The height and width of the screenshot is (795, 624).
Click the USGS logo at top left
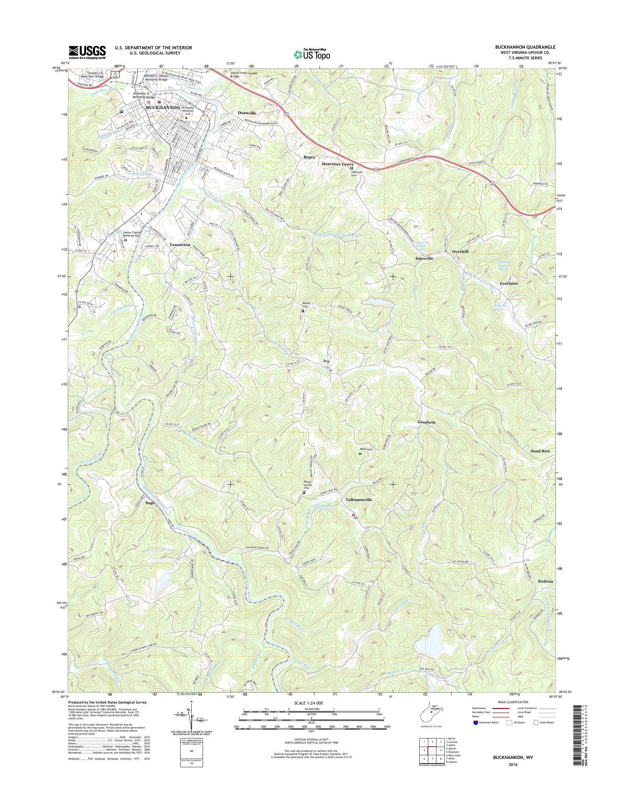pos(87,52)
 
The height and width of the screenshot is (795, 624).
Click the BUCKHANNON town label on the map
pos(163,108)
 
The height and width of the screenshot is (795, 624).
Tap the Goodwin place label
pos(427,422)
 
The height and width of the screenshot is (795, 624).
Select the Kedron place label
pos(545,591)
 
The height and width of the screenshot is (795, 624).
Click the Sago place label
pos(150,502)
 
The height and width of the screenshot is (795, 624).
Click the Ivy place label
pos(326,361)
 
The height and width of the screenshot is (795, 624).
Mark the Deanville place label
pos(247,113)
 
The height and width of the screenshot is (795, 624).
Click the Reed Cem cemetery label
pos(366,449)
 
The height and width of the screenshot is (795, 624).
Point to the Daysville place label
pos(424,258)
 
